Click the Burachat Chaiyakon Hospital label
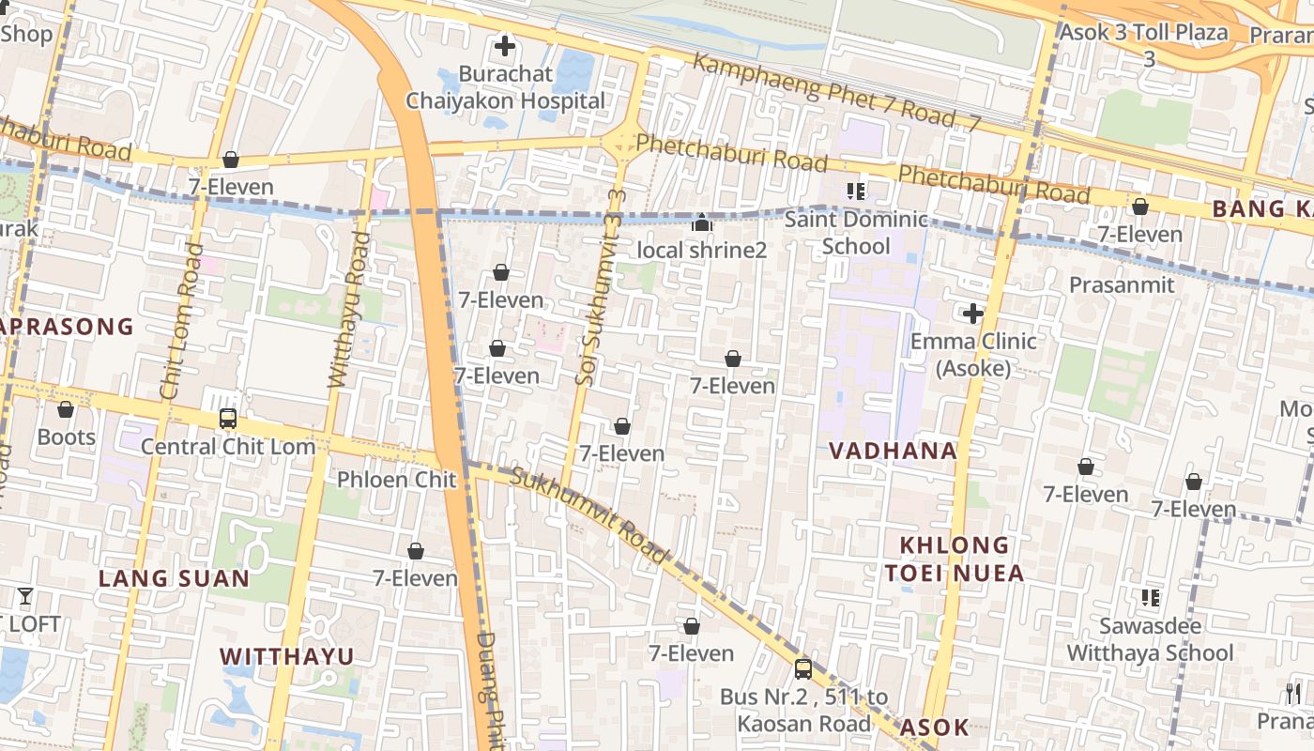[x=505, y=87]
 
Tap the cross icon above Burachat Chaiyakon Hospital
[x=505, y=45]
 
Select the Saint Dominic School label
[x=855, y=233]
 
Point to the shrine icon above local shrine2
[x=702, y=222]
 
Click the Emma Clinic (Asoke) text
[x=972, y=354]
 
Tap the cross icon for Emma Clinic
[x=972, y=313]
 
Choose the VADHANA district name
[x=893, y=451]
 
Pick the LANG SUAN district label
[x=175, y=578]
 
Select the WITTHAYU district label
[x=287, y=656]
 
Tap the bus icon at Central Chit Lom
[x=228, y=419]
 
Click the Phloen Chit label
[x=396, y=480]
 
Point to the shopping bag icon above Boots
[x=66, y=409]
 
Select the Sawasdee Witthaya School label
[x=1150, y=638]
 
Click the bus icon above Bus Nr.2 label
[x=803, y=668]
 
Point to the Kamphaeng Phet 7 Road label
[x=835, y=92]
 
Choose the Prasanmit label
[x=1122, y=284]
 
